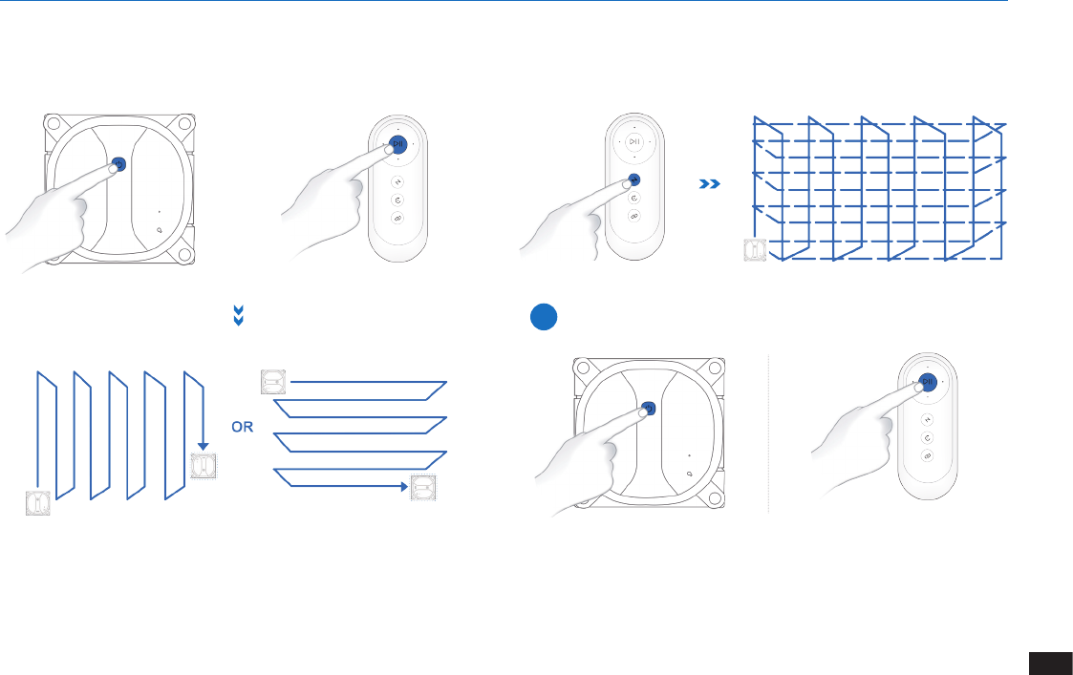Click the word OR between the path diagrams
pos(243,427)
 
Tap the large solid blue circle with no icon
pos(544,317)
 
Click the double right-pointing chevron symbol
pos(710,184)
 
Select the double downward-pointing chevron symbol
pos(239,315)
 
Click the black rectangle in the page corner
pos(1050,664)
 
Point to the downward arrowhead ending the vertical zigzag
pos(203,446)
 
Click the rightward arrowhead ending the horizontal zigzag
pos(404,486)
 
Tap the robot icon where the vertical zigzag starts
pos(37,502)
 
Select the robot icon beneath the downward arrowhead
pos(204,466)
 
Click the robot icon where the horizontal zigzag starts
pos(273,382)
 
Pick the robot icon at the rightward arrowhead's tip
pos(423,488)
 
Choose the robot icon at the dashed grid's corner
pos(756,249)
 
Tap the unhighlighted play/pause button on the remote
pos(634,141)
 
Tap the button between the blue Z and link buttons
pos(634,198)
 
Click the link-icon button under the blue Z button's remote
pos(634,216)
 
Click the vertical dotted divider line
pos(768,433)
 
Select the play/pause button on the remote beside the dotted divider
pos(928,382)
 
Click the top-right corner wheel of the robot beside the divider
pos(715,368)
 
